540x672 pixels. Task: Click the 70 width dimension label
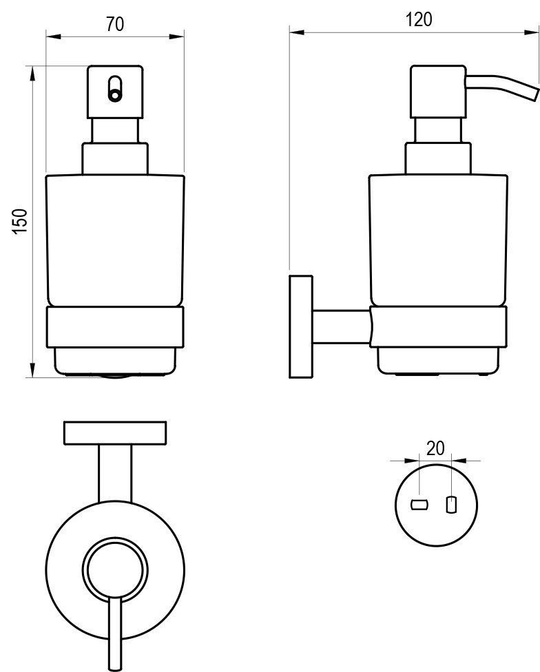(115, 24)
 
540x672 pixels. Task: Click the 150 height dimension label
(21, 221)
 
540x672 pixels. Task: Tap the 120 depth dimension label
(419, 19)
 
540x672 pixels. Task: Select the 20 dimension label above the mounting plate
(435, 449)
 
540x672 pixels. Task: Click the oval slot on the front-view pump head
(115, 90)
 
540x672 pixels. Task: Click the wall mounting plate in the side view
(301, 326)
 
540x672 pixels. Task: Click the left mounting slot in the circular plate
(419, 505)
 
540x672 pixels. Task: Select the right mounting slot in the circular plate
(451, 505)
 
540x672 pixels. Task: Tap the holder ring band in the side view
(438, 327)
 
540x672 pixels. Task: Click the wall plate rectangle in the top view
(115, 432)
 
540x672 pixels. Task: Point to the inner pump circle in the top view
(115, 569)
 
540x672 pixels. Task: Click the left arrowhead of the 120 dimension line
(293, 30)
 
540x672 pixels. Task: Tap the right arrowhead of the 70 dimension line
(180, 35)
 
